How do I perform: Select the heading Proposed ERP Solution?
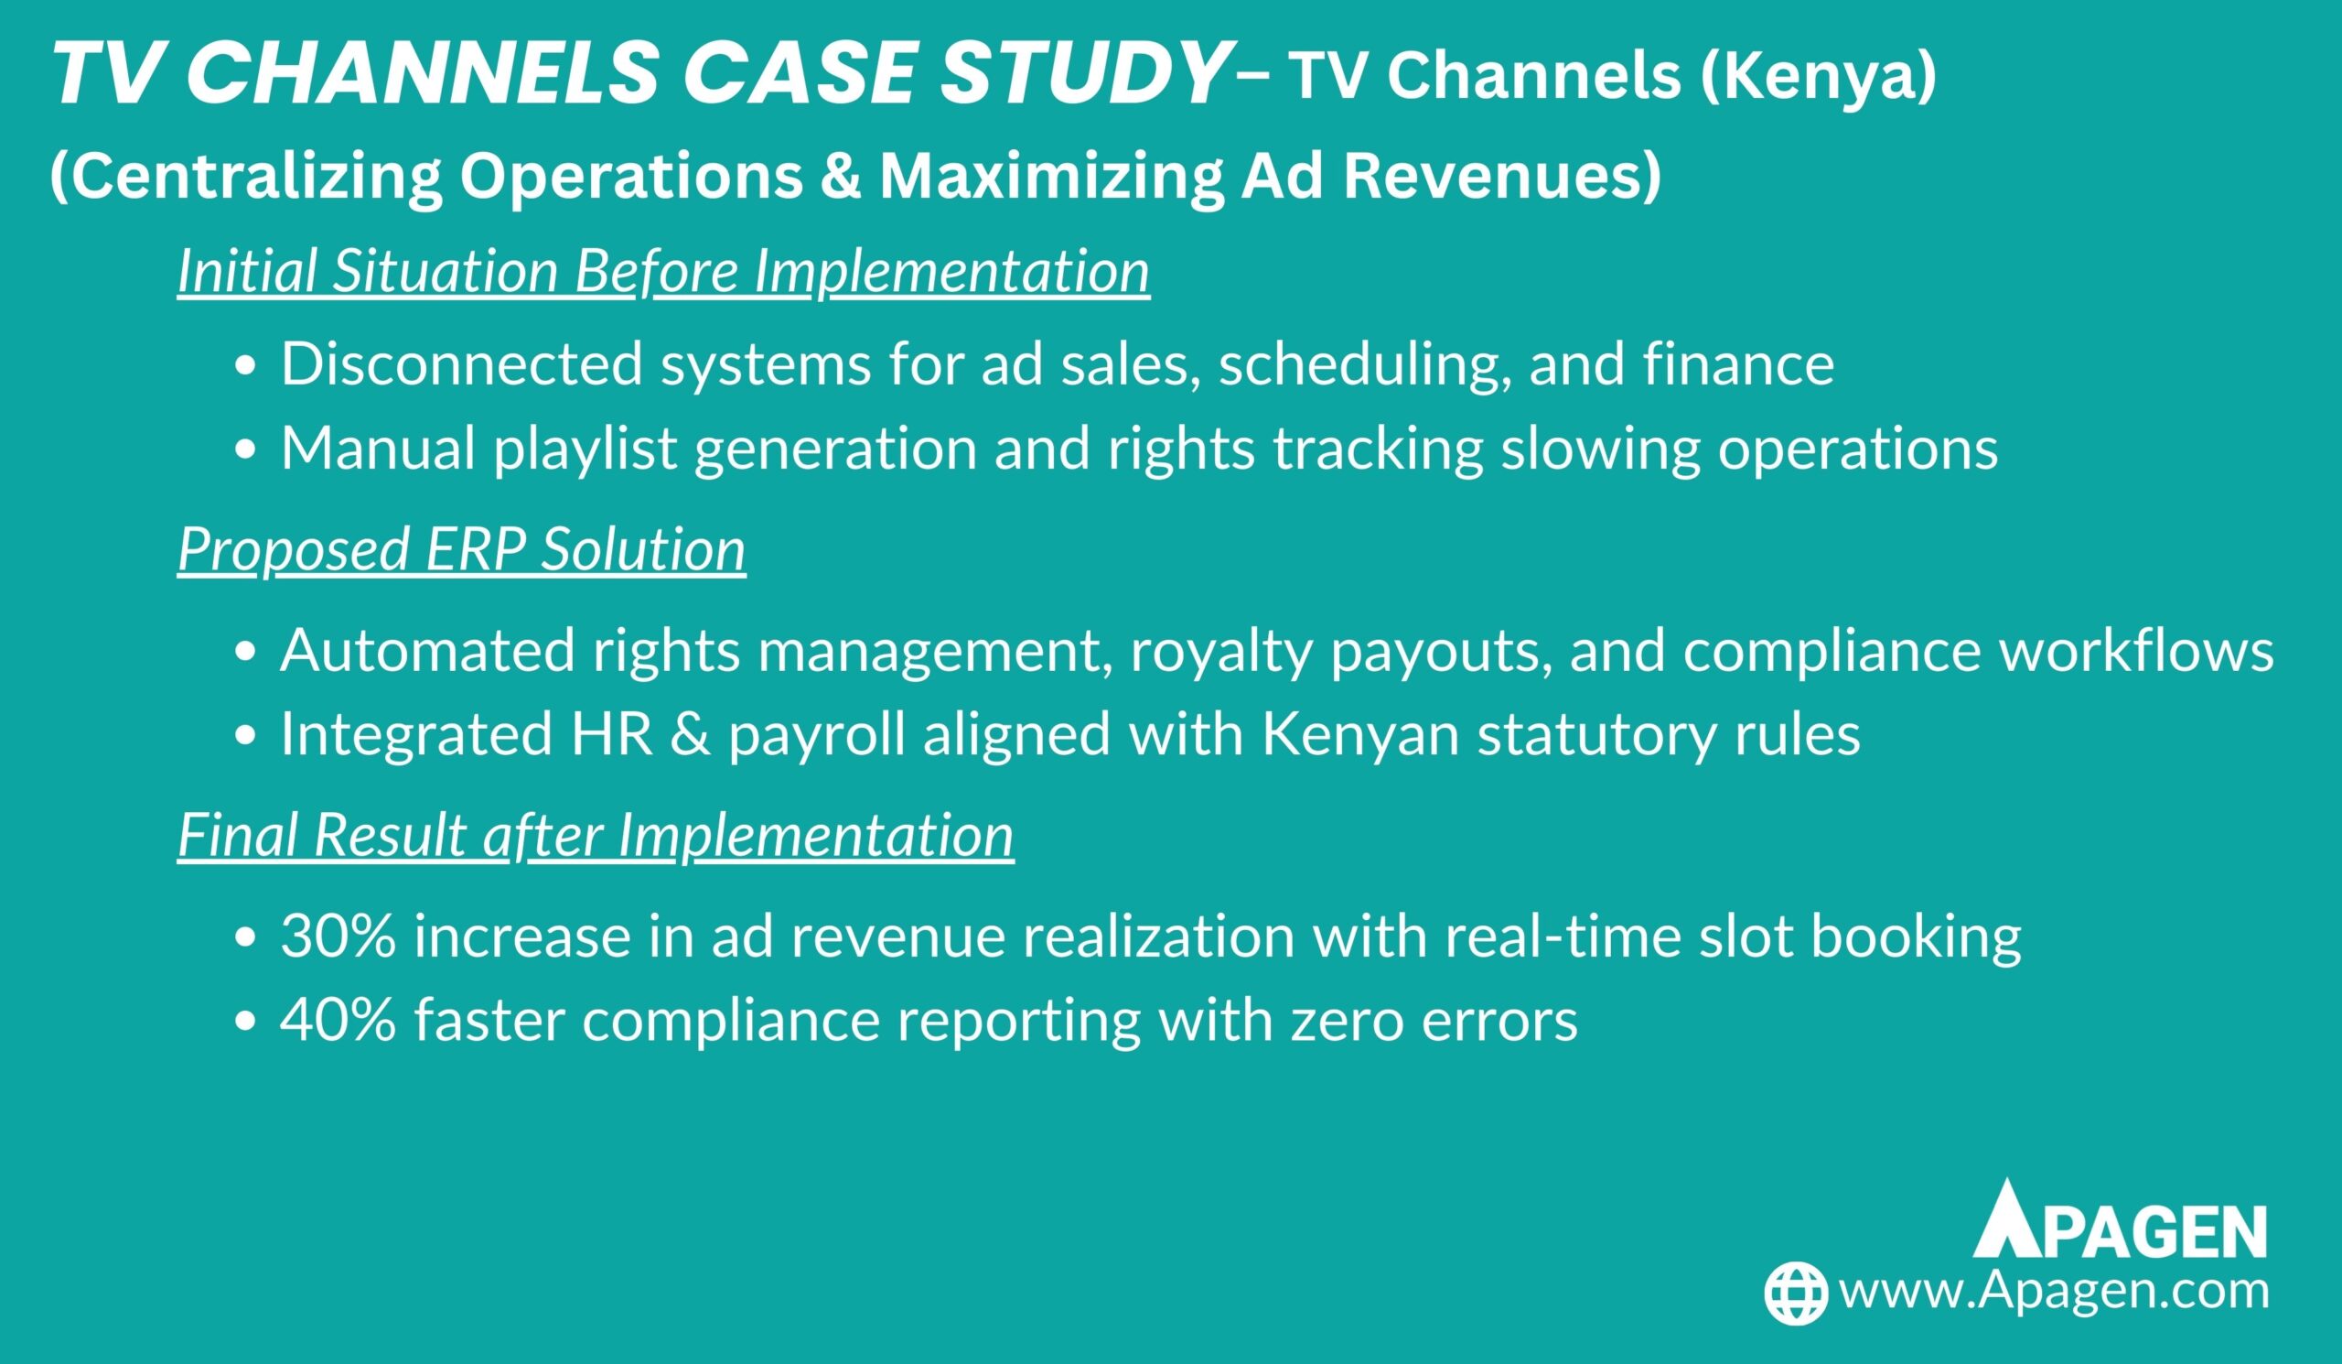coord(462,548)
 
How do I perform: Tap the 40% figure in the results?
coord(338,1020)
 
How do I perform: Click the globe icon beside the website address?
coord(1797,1293)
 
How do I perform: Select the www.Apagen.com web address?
coord(2054,1291)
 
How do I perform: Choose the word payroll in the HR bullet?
coord(817,734)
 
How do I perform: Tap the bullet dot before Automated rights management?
coord(245,654)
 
